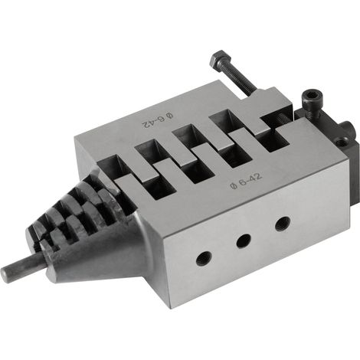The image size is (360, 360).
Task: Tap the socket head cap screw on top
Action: coord(312,102)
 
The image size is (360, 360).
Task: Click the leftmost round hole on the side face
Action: coord(204,258)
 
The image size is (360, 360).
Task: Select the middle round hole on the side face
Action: coord(244,241)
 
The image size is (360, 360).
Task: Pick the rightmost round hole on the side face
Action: coord(283,224)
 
